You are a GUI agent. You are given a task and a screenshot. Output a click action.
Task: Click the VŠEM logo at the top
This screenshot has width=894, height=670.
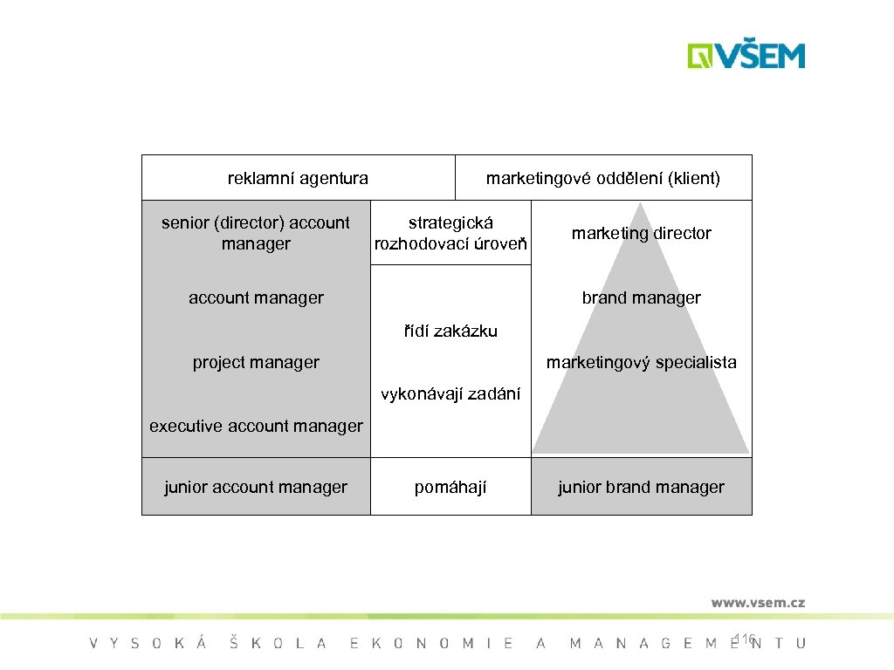[x=746, y=56]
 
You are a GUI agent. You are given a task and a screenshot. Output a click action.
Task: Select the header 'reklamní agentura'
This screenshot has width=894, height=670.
[x=298, y=179]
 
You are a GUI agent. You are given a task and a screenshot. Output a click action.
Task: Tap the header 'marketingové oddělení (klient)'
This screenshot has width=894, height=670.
[x=603, y=179]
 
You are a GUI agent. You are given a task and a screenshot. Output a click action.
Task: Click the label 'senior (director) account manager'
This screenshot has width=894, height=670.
[x=256, y=233]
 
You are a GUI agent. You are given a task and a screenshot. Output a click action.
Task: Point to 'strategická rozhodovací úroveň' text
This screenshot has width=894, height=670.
[x=450, y=234]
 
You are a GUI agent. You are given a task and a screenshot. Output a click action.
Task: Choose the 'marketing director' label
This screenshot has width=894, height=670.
[x=641, y=233]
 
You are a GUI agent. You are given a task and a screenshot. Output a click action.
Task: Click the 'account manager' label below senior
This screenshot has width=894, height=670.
[x=256, y=297]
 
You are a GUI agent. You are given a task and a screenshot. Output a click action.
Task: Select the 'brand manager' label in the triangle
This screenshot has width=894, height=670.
[x=641, y=297]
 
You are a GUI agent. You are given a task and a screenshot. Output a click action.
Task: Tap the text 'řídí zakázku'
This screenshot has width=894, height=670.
[x=450, y=331]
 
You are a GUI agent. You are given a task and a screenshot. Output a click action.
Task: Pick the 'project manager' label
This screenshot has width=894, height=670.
[x=256, y=362]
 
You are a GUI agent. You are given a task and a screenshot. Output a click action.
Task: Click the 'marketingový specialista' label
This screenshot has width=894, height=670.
[x=641, y=362]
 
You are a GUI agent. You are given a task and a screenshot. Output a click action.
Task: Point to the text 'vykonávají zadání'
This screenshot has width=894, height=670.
[x=450, y=394]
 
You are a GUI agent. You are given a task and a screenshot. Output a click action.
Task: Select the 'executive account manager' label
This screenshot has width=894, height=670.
[x=256, y=427]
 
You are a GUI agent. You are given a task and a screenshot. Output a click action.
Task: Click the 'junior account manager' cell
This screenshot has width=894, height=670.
[x=256, y=487]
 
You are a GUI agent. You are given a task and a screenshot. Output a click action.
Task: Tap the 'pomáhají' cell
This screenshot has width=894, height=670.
[x=450, y=487]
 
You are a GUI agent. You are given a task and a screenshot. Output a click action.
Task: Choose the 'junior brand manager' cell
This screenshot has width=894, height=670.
[x=641, y=487]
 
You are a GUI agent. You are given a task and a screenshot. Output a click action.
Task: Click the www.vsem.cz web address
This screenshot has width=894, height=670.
[x=757, y=602]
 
